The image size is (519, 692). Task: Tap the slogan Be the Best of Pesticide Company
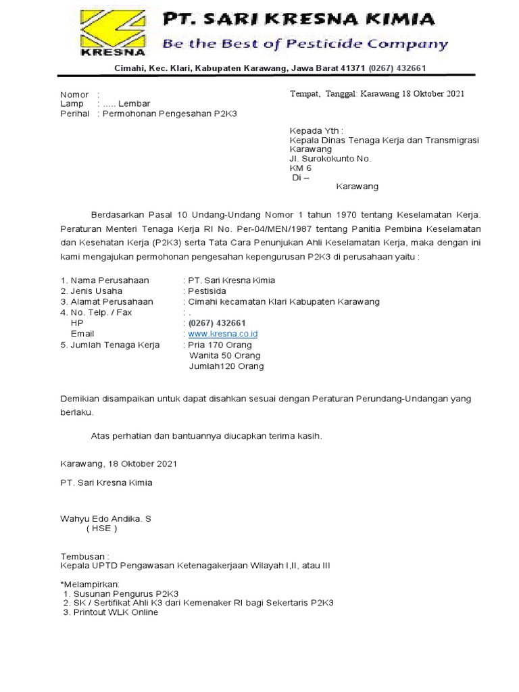305,45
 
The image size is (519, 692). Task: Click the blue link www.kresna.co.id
223,334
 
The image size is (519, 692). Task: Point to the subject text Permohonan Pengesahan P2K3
169,114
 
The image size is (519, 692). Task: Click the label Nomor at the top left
74,95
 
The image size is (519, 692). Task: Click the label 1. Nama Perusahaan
105,280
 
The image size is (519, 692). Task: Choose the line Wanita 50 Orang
224,355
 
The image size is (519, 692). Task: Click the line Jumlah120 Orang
226,366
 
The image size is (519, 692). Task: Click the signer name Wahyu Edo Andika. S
106,518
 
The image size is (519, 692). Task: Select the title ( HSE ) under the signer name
101,528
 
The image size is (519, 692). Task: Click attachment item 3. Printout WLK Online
110,612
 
